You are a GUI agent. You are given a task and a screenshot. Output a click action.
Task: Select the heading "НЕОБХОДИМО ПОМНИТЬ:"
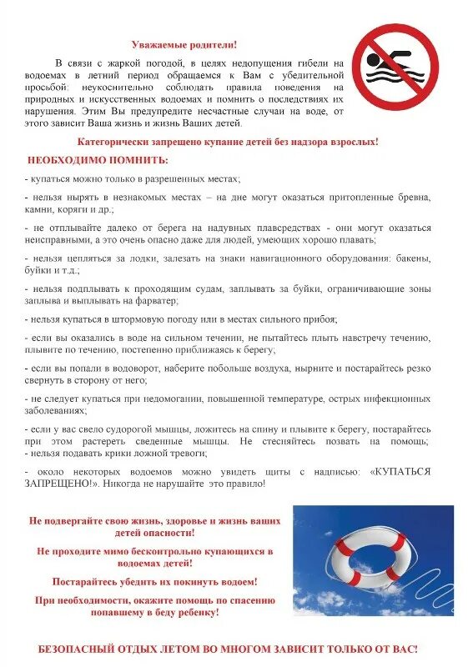click(x=86, y=159)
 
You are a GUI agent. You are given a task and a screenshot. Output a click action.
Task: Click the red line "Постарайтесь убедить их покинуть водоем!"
click(x=155, y=581)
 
